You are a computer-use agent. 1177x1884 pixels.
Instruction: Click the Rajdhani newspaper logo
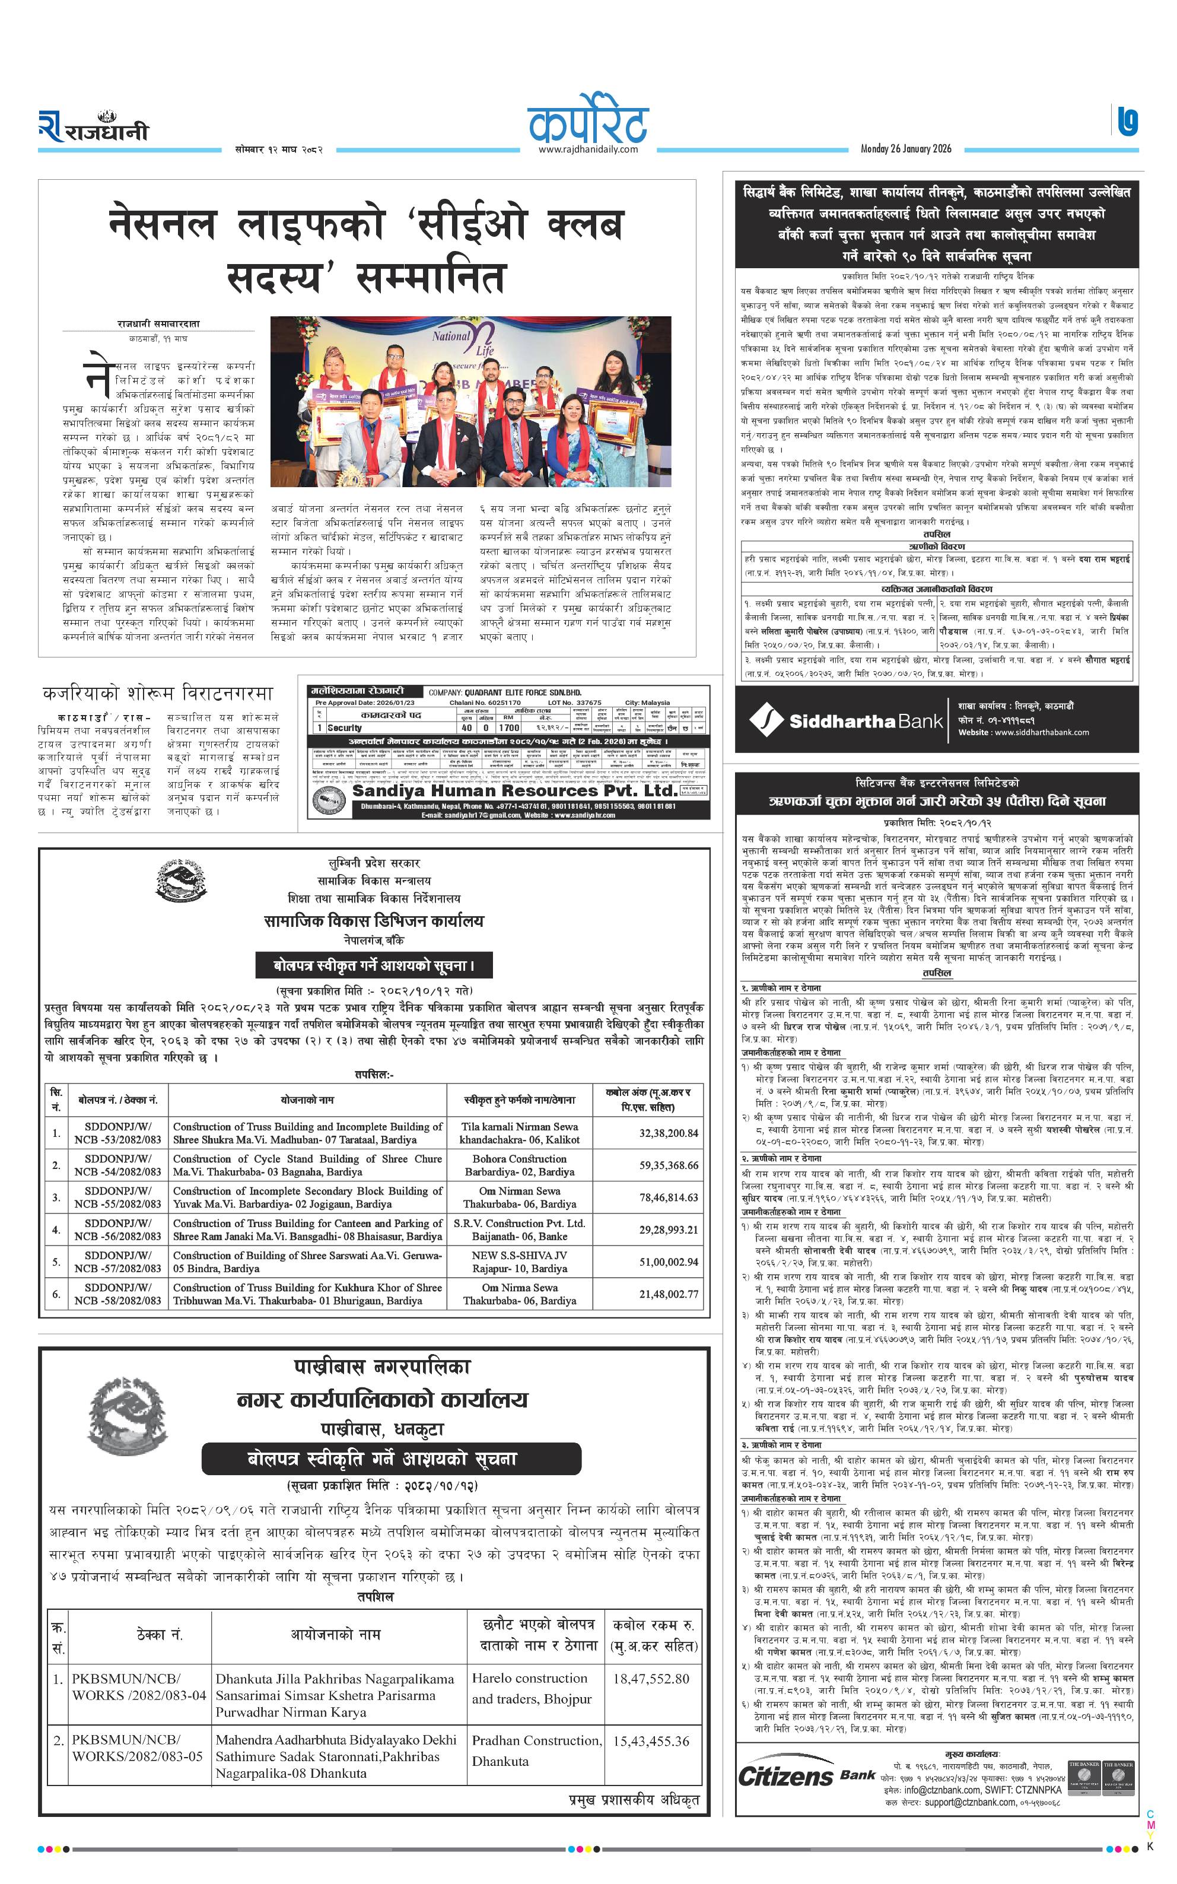[x=93, y=127]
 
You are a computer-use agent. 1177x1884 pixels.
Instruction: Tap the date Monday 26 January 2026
[x=905, y=149]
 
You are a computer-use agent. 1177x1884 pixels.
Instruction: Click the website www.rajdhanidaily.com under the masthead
[x=588, y=150]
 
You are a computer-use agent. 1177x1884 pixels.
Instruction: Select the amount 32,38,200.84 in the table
[x=668, y=1133]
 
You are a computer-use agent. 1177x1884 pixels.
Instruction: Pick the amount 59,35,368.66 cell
[x=668, y=1165]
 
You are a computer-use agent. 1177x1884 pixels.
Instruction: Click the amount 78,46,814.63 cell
[x=668, y=1197]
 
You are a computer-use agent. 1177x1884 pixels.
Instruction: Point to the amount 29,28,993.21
[x=668, y=1229]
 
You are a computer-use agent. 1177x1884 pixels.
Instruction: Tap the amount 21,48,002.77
[x=668, y=1294]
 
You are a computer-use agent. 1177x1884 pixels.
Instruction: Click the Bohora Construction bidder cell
[x=519, y=1165]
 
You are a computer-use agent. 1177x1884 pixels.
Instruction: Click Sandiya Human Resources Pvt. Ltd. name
[x=514, y=790]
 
